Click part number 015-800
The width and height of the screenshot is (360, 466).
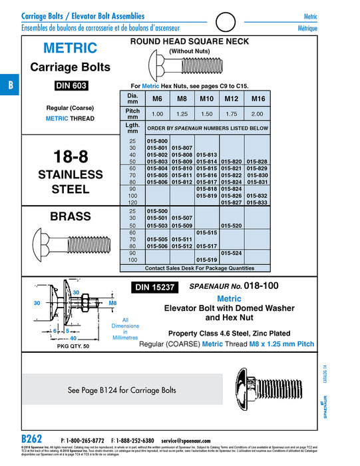coord(158,141)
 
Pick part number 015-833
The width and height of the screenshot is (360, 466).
coord(257,202)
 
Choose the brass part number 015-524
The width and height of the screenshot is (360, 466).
coord(231,253)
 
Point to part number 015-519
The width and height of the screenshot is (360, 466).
coord(207,260)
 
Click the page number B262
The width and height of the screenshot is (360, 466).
coord(32,440)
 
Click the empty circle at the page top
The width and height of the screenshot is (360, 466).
coord(228,23)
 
